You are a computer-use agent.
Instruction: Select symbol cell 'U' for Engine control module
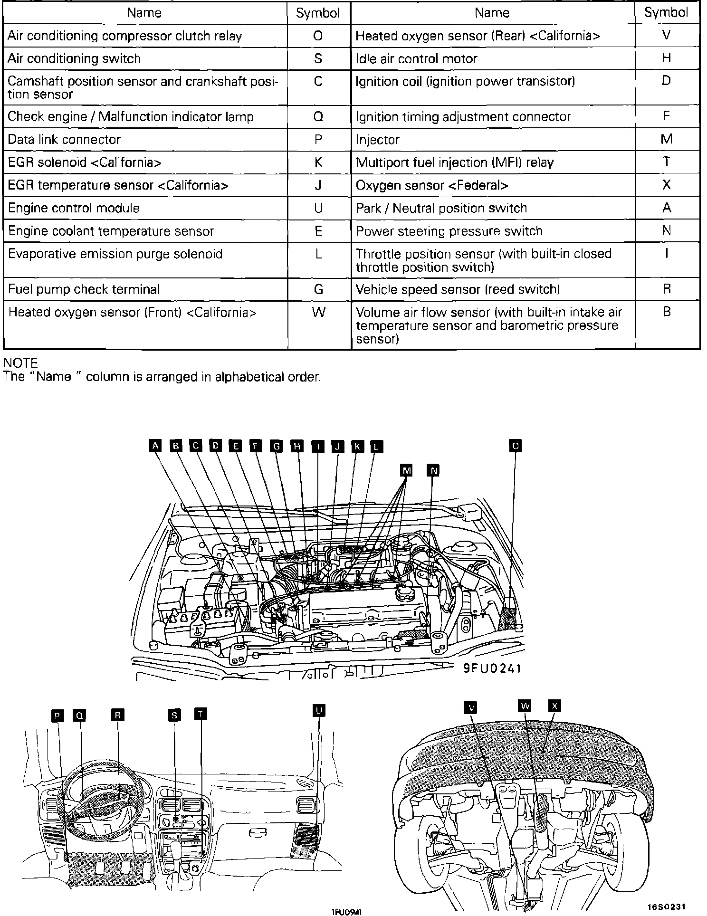coord(318,208)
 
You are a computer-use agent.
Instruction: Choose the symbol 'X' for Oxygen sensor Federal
coord(667,185)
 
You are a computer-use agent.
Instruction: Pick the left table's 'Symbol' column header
coord(318,13)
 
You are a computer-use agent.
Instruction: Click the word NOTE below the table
coord(20,363)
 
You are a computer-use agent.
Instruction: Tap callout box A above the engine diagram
coord(155,446)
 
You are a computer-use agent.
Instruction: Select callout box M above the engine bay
coord(406,470)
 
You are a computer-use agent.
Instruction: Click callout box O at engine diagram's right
coord(515,446)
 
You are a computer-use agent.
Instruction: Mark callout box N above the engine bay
coord(433,470)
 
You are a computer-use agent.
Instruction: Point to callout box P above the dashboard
coord(57,716)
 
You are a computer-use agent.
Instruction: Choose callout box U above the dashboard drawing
coord(318,710)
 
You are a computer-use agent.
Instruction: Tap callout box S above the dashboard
coord(174,715)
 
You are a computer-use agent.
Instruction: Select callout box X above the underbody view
coord(554,706)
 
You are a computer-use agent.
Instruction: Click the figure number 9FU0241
coord(493,668)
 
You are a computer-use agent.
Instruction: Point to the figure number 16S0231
coord(666,906)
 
